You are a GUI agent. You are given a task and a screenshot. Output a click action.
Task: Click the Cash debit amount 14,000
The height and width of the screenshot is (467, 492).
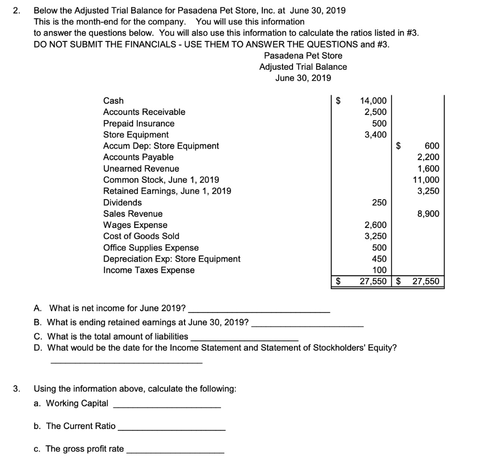tap(373, 101)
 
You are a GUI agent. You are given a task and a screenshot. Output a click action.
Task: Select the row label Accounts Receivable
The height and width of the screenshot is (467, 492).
tap(144, 112)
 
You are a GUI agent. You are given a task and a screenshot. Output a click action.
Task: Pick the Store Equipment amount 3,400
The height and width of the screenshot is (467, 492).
tap(375, 135)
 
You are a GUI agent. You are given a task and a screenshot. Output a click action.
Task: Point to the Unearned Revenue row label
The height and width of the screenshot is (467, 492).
tap(141, 169)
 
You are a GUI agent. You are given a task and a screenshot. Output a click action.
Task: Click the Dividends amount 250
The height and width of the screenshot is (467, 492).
tap(379, 202)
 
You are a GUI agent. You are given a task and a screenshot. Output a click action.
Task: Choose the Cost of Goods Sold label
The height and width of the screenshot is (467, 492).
tap(141, 236)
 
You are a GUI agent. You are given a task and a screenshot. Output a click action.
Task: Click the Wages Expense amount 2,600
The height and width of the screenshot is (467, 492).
tap(375, 225)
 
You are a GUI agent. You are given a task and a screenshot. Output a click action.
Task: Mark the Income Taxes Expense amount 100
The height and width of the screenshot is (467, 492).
tap(379, 270)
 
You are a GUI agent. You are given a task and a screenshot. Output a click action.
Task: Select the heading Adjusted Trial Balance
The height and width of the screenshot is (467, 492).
tap(303, 67)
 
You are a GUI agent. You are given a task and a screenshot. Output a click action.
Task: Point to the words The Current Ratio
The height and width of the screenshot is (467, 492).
tap(81, 426)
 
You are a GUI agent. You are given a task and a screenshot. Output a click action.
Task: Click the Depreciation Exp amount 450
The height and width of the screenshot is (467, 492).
tap(379, 259)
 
